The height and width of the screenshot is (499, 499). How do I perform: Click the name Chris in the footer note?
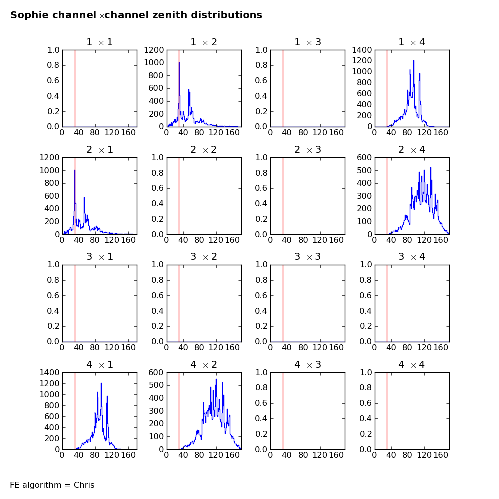pyautogui.click(x=84, y=485)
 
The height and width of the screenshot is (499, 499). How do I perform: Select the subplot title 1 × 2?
pyautogui.click(x=204, y=42)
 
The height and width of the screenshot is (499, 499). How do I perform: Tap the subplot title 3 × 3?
pyautogui.click(x=307, y=257)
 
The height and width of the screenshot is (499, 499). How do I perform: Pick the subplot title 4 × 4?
pyautogui.click(x=411, y=365)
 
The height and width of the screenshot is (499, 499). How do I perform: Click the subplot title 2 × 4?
pyautogui.click(x=411, y=150)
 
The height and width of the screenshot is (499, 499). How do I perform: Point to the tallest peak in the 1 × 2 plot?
pyautogui.click(x=179, y=63)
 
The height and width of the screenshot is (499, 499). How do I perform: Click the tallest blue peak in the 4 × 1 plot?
pyautogui.click(x=101, y=384)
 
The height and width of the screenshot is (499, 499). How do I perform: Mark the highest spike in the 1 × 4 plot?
pyautogui.click(x=414, y=61)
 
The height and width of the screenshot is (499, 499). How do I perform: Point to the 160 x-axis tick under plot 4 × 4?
pyautogui.click(x=440, y=455)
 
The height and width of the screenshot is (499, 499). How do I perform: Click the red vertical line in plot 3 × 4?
pyautogui.click(x=387, y=304)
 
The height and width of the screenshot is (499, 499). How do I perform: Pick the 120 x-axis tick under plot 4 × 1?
pyautogui.click(x=112, y=455)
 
